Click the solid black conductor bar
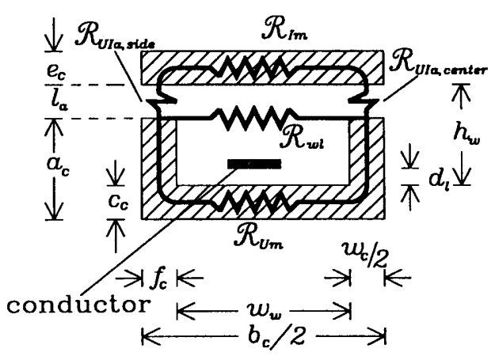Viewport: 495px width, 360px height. pyautogui.click(x=253, y=164)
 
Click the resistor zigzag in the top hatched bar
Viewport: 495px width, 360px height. pyautogui.click(x=261, y=65)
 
